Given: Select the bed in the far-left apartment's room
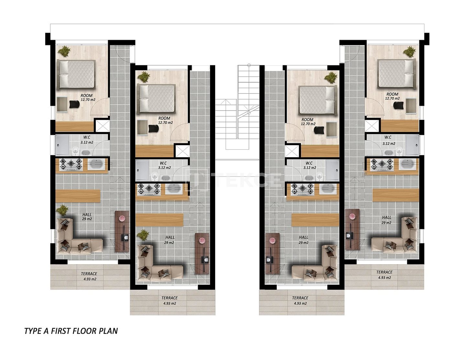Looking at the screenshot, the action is tap(76, 74).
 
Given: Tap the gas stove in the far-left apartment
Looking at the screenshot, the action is tap(71, 164).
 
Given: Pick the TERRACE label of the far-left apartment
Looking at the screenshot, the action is tap(89, 274).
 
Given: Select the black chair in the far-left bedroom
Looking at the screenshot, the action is tap(75, 104).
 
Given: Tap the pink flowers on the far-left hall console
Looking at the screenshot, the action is tap(122, 218).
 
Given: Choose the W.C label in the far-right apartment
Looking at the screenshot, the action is tap(388, 137).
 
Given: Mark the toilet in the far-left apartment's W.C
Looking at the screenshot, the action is tap(75, 150).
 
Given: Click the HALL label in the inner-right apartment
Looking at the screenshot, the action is tap(304, 237).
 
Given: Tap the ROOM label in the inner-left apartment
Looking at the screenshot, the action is tap(164, 118).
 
